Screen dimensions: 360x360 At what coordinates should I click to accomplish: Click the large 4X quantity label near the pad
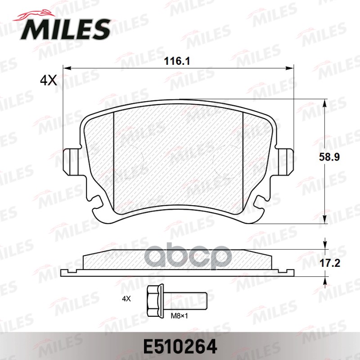click(x=48, y=81)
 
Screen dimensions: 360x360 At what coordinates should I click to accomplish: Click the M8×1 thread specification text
click(x=179, y=316)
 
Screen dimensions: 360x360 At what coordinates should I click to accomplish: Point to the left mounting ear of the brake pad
click(x=71, y=162)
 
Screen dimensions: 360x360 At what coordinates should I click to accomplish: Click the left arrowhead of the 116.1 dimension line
click(x=67, y=68)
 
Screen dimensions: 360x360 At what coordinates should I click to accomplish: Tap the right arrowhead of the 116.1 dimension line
click(x=290, y=68)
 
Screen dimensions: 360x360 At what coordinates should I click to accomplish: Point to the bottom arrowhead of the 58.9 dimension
click(x=325, y=220)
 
